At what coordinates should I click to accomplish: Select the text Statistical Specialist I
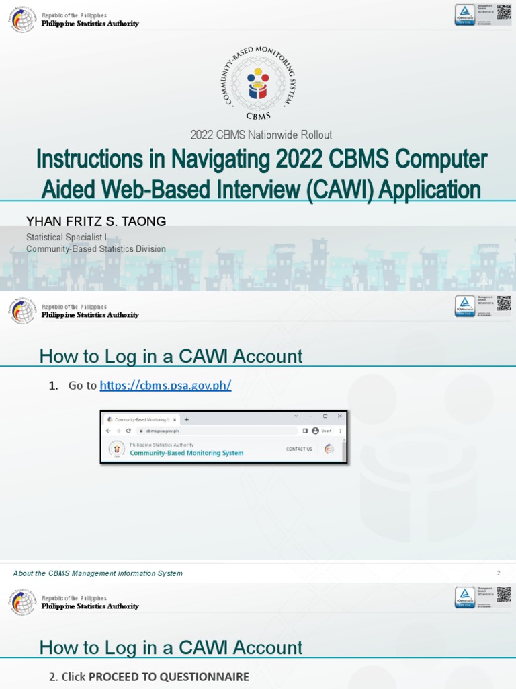click(x=67, y=238)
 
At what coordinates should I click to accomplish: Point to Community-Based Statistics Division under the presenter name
click(x=95, y=249)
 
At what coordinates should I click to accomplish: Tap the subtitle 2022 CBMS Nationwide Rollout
click(x=261, y=135)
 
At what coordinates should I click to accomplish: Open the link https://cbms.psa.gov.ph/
click(x=165, y=386)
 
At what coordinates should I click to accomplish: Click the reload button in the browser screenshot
click(x=128, y=431)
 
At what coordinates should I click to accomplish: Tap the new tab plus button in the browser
click(x=187, y=419)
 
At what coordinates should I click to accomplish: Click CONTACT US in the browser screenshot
click(x=299, y=449)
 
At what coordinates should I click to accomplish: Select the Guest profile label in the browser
click(x=327, y=431)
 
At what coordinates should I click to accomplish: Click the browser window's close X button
click(x=339, y=416)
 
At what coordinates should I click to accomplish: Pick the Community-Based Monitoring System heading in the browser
click(x=186, y=453)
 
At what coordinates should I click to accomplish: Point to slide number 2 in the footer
click(x=499, y=573)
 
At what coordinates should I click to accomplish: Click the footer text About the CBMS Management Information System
click(x=97, y=573)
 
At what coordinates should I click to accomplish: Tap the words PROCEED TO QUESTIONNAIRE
click(x=169, y=677)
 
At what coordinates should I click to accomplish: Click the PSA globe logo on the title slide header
click(x=21, y=19)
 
